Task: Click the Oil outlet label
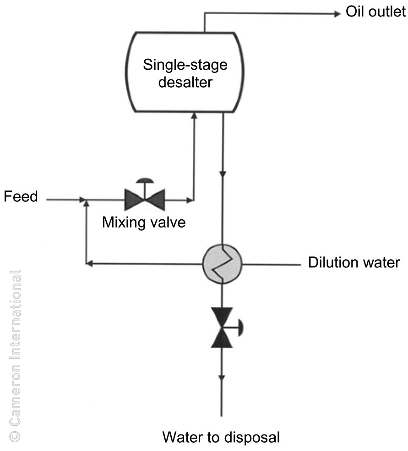pyautogui.click(x=375, y=12)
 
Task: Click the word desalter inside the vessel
pyautogui.click(x=185, y=83)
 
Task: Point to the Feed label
pyautogui.click(x=21, y=197)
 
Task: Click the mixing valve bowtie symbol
pyautogui.click(x=145, y=200)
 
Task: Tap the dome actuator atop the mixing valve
pyautogui.click(x=145, y=180)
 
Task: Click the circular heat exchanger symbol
pyautogui.click(x=222, y=264)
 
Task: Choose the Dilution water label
pyautogui.click(x=354, y=263)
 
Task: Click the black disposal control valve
pyautogui.click(x=222, y=327)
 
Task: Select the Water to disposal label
pyautogui.click(x=221, y=437)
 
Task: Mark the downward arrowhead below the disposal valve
pyautogui.click(x=222, y=377)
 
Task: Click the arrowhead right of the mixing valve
pyautogui.click(x=190, y=200)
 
